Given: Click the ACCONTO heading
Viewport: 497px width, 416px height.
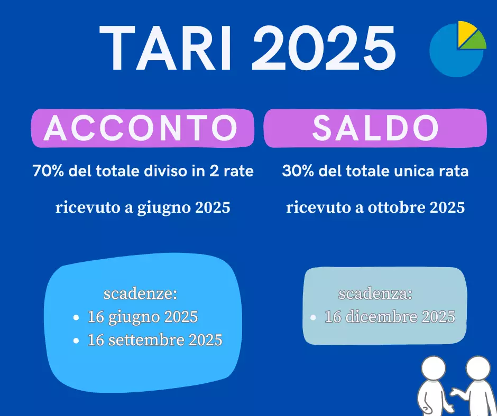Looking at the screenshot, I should [x=141, y=128].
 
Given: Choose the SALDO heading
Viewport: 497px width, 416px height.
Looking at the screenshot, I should [x=375, y=128].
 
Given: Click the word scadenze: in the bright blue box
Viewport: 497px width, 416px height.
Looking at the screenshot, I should [x=140, y=293].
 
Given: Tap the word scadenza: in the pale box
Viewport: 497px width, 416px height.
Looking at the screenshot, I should [x=375, y=294].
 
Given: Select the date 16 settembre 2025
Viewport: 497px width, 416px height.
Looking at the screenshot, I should [x=155, y=340].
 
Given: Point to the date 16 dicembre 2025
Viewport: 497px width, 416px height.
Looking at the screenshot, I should [x=390, y=317].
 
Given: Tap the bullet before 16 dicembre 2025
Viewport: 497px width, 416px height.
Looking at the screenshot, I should [x=313, y=318].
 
